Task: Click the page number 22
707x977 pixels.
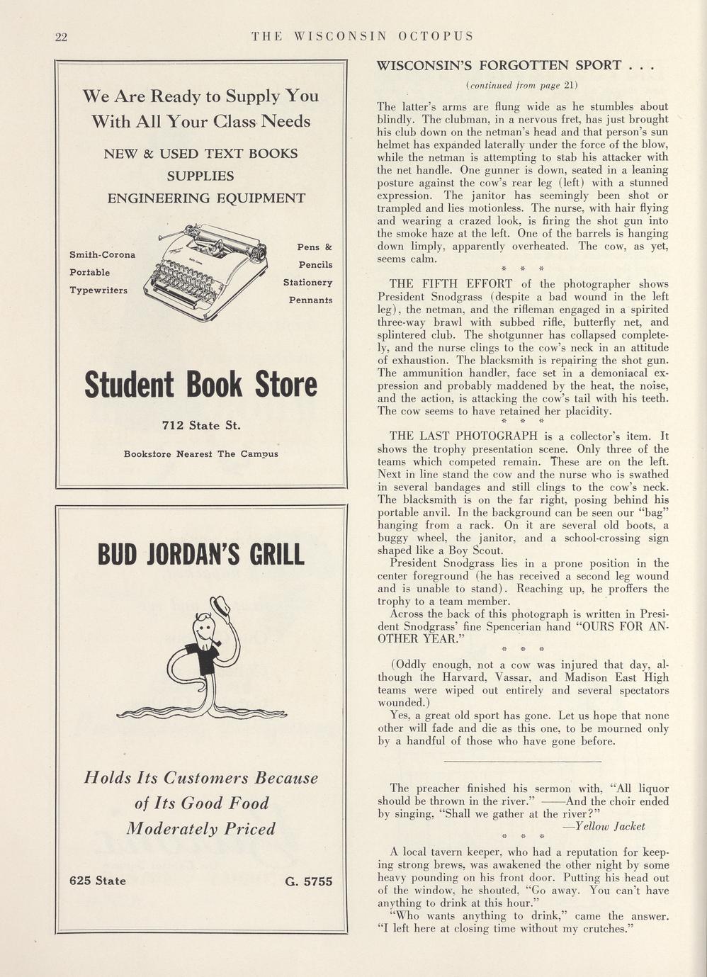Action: tap(61, 38)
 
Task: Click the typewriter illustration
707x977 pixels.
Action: tap(207, 270)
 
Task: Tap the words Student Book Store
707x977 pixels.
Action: tap(200, 385)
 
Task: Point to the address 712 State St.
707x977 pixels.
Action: tap(201, 426)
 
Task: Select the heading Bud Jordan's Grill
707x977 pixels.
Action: tap(201, 555)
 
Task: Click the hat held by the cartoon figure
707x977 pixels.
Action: tap(223, 607)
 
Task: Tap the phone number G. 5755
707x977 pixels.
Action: tap(308, 881)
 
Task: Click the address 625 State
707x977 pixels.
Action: tap(98, 881)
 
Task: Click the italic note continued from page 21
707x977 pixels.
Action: tap(522, 86)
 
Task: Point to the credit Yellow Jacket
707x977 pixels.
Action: tap(604, 826)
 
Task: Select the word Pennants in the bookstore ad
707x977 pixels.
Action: tap(310, 300)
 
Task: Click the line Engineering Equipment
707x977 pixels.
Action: tap(206, 198)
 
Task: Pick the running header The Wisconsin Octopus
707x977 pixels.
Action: tap(363, 36)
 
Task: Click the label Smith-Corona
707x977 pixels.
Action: tap(102, 254)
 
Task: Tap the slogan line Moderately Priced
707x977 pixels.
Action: tap(200, 829)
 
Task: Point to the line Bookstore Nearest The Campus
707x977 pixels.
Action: tap(201, 453)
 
